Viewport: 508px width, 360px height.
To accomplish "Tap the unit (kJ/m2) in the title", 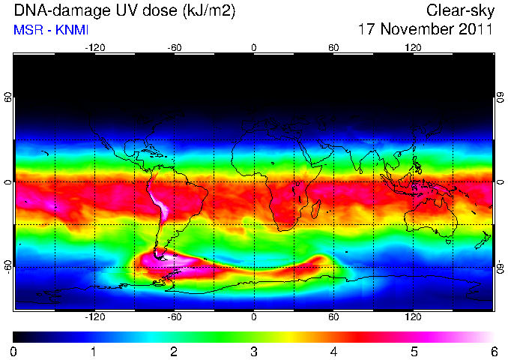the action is [209, 10].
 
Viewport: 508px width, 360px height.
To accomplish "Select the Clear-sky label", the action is [460, 11].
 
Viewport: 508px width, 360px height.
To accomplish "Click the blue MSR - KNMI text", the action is [51, 30].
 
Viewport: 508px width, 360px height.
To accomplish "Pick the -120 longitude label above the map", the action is [95, 48].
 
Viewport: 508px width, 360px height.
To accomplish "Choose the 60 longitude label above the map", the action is [333, 48].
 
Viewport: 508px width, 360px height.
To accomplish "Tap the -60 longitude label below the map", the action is [175, 316].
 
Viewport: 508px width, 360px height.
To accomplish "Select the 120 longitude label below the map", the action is [413, 316].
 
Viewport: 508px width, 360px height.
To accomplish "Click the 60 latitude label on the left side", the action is [7, 97].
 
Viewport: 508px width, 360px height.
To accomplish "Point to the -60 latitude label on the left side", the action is [7, 266].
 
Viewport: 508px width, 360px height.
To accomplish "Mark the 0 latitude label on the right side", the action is [501, 182].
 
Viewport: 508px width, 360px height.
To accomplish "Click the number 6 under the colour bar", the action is [494, 352].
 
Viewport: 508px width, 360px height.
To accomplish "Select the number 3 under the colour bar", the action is [254, 352].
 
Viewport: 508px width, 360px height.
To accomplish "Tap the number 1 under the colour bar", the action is [94, 352].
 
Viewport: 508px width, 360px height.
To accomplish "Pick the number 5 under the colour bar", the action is [414, 352].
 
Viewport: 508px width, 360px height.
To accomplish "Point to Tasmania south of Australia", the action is [448, 241].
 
